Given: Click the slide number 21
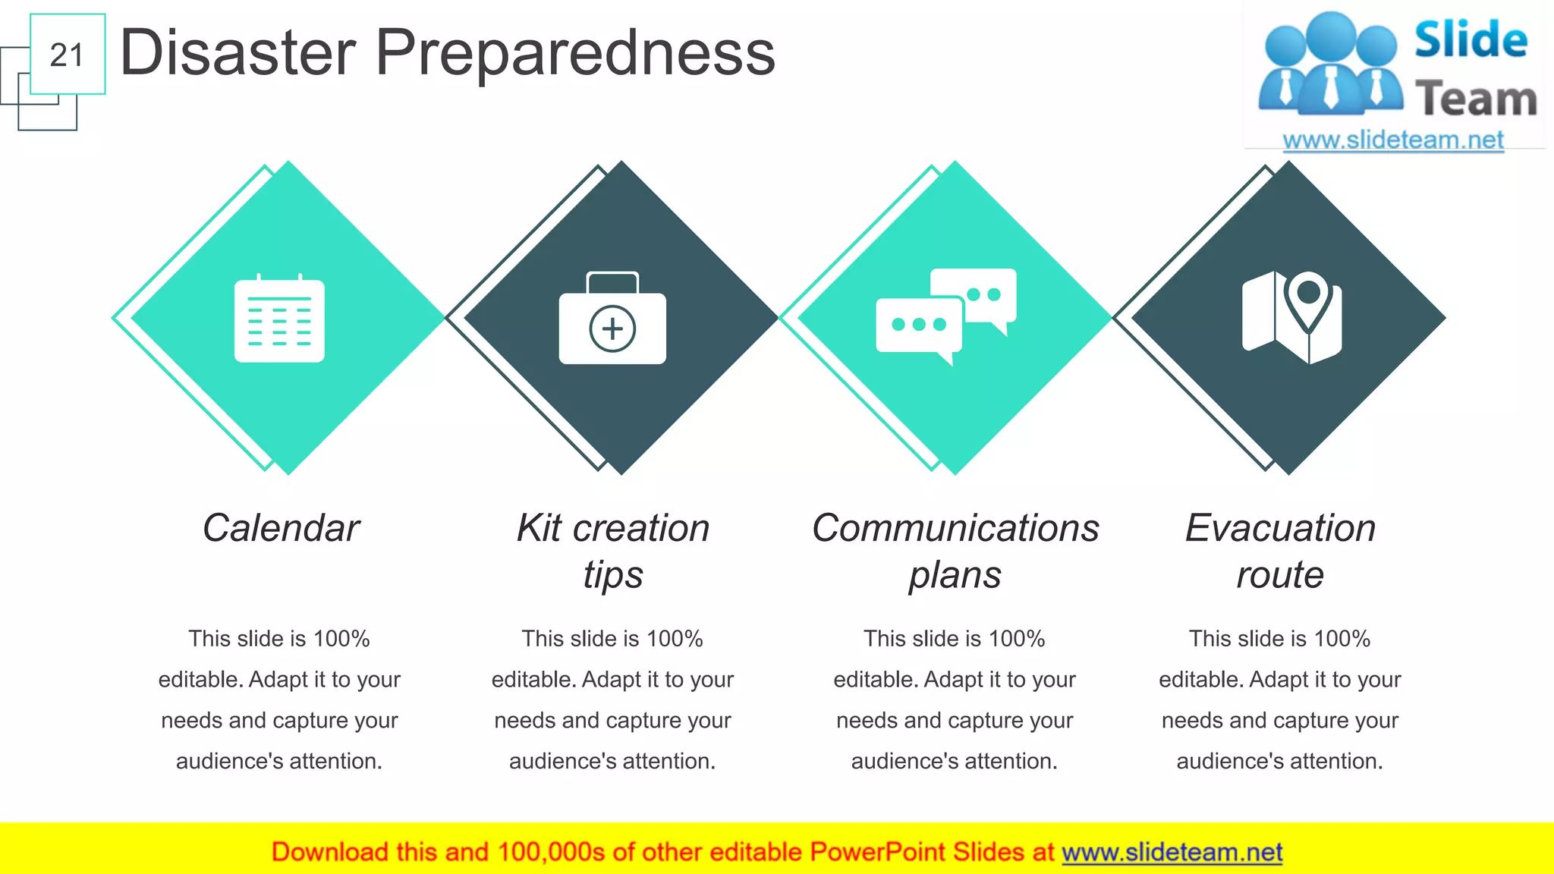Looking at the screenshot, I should [67, 55].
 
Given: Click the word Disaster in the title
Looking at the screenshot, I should [238, 53].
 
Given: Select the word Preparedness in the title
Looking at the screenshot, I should [575, 53].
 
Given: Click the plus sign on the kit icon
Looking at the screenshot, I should [612, 329].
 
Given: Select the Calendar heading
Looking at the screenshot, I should [281, 528].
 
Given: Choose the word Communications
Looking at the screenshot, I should [955, 528].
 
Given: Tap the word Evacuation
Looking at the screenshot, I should [1280, 528].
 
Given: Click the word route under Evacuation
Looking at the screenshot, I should [1280, 575].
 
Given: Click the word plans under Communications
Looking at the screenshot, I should [955, 575].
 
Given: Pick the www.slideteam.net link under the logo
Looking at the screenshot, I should [1393, 140].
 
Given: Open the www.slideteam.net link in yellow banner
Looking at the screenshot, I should [1172, 852].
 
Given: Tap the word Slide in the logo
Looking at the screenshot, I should [1471, 41].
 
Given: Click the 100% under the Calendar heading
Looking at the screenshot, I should [341, 639].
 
